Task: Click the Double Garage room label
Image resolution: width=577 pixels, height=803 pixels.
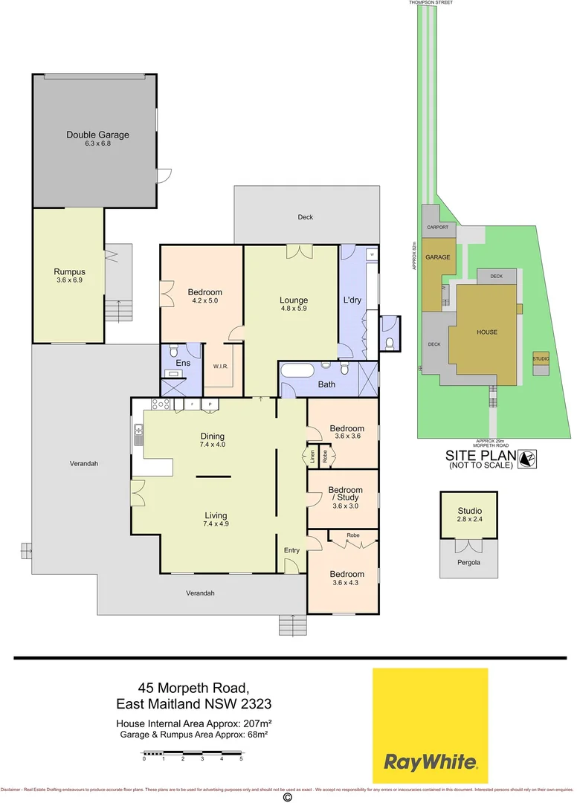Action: [x=97, y=135]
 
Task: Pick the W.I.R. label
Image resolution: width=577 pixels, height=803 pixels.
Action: [x=220, y=366]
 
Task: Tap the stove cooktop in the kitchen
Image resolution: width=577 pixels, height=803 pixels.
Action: [x=161, y=404]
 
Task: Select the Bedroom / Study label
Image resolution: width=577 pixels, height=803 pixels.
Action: [x=346, y=494]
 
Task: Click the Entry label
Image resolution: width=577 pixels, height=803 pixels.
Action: [x=291, y=549]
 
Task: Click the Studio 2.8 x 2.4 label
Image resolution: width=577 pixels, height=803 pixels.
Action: [x=469, y=515]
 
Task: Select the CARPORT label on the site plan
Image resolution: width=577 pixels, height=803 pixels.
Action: [x=437, y=228]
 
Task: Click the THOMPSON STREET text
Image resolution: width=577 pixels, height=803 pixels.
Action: [x=431, y=3]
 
